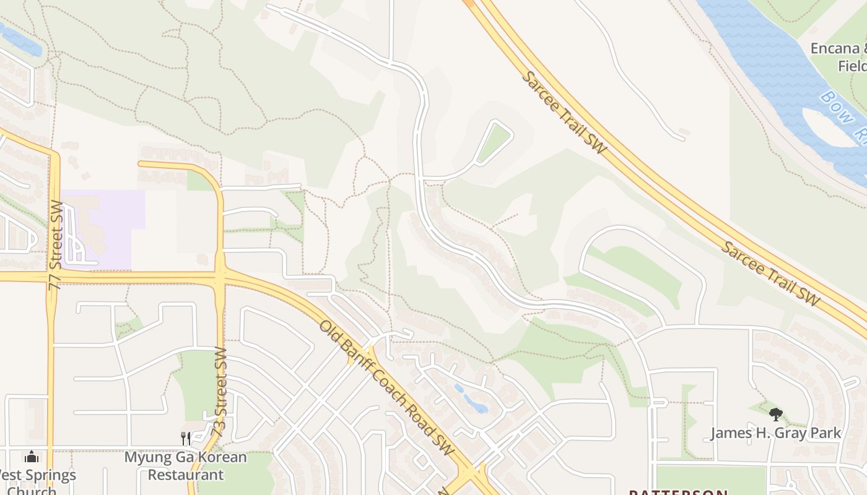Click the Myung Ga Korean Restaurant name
(186, 466)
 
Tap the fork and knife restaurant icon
(186, 438)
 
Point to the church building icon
(32, 457)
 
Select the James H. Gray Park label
(775, 433)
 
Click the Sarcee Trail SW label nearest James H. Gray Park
(770, 273)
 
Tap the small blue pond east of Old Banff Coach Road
(474, 402)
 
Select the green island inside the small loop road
(494, 142)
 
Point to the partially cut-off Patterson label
(678, 493)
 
